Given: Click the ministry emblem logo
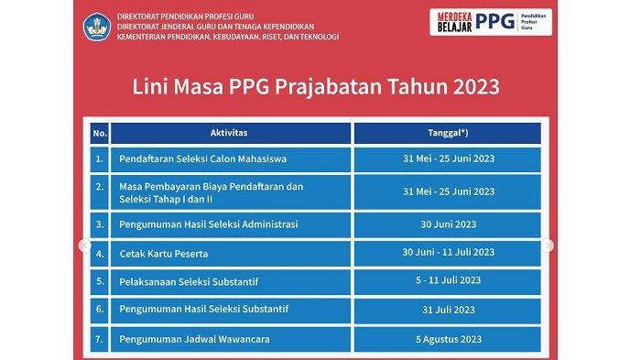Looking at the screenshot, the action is click(97, 27).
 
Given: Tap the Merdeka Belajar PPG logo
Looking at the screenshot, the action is click(491, 22).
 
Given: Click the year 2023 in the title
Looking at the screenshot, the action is click(476, 87).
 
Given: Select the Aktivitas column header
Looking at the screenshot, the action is click(231, 133).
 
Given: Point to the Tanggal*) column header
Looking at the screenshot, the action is click(448, 133).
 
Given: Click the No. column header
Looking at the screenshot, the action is click(99, 133).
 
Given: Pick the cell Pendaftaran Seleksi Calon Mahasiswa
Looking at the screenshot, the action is click(231, 159).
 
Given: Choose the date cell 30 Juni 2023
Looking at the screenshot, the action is click(448, 224).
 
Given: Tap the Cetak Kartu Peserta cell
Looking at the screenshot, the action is click(231, 254).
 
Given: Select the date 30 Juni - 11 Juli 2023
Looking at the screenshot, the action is click(448, 254).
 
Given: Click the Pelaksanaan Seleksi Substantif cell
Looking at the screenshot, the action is click(231, 282).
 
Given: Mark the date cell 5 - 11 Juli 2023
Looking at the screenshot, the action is click(448, 282).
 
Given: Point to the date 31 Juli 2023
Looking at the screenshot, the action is click(448, 311).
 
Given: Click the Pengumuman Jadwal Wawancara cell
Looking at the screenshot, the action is click(231, 339).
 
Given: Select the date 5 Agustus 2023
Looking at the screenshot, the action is click(448, 339).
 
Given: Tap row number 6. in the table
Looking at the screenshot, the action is click(99, 311).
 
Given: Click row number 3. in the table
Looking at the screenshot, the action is click(99, 224).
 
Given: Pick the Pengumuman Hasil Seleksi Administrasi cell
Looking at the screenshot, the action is click(231, 224).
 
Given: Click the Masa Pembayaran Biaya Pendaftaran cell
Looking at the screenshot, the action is click(231, 192).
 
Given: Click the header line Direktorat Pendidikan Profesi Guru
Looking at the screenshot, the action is click(186, 16).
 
